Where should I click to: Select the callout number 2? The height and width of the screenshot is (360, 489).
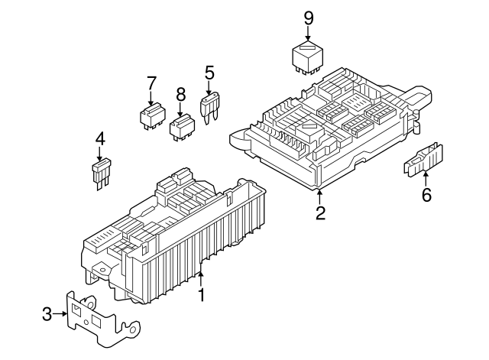[321, 213]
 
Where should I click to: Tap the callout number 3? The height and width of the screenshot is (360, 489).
[46, 313]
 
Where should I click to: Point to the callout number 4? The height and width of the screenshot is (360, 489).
[99, 139]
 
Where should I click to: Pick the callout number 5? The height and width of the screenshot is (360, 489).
[209, 73]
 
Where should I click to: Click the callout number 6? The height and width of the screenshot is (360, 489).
[426, 195]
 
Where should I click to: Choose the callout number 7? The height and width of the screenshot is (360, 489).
[151, 83]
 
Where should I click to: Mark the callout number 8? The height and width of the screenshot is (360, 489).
[180, 94]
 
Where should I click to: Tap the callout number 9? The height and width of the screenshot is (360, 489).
[308, 17]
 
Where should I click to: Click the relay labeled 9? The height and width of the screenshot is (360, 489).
[309, 58]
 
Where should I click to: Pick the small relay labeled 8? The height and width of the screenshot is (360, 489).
[182, 126]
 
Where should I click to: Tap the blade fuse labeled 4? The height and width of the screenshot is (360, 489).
[100, 173]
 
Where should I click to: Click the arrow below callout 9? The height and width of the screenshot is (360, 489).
[308, 33]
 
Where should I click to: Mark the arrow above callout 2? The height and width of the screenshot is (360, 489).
[321, 195]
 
